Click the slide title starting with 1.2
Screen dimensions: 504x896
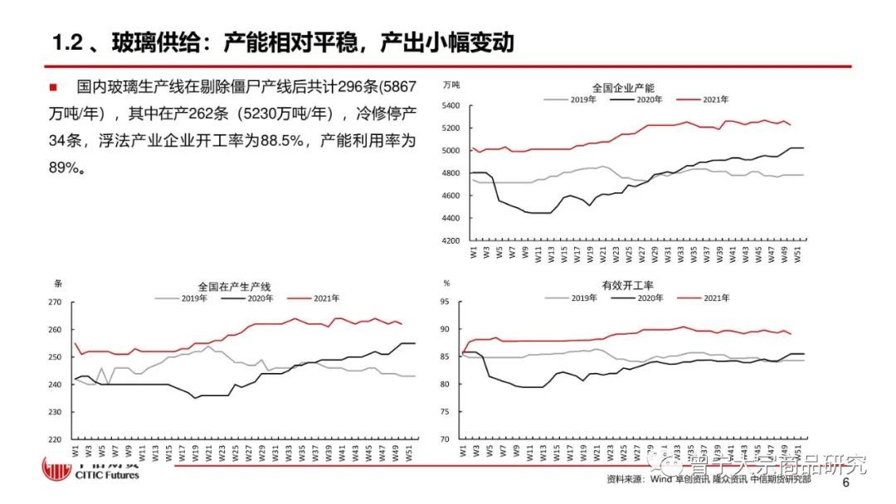[282, 41]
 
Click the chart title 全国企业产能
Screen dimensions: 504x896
[623, 88]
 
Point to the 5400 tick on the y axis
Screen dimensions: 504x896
[450, 106]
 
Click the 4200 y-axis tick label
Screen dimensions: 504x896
[450, 241]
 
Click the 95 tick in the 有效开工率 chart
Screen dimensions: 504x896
[445, 303]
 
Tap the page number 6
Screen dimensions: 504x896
[845, 483]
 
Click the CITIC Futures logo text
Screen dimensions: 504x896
[107, 475]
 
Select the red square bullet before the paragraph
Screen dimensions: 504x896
[52, 86]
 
